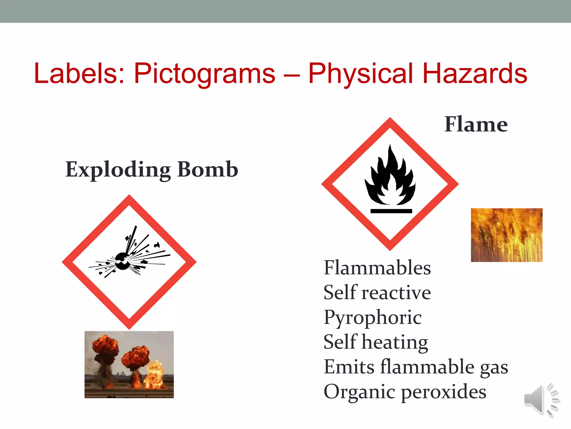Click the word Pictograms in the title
[x=205, y=74]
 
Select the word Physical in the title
[x=361, y=74]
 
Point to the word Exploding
[x=118, y=170]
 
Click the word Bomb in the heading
[x=208, y=169]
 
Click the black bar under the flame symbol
[x=391, y=211]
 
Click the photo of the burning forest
[x=507, y=235]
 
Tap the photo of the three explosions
[x=129, y=364]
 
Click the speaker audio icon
[x=541, y=400]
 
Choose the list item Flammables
[x=377, y=268]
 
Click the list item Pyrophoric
[x=372, y=318]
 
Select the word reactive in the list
[x=396, y=293]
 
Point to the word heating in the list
[x=395, y=342]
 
